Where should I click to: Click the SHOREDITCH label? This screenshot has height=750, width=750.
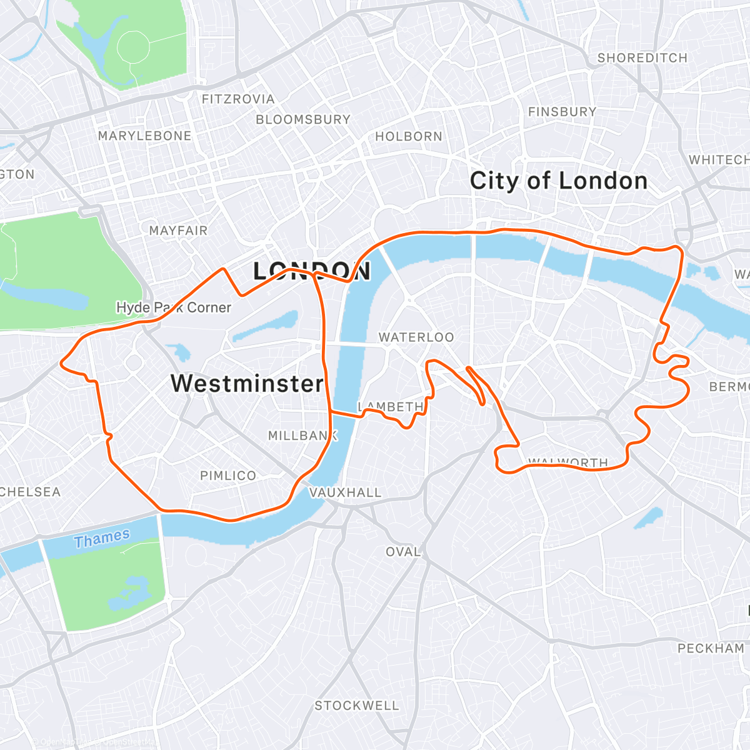tap(642, 58)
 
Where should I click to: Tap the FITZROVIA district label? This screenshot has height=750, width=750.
tap(238, 99)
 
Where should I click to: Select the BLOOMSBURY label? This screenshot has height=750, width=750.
tap(303, 119)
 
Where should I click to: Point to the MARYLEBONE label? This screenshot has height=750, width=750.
tap(144, 136)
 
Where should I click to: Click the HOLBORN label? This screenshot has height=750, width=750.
tap(409, 136)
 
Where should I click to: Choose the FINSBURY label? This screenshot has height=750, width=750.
tap(562, 112)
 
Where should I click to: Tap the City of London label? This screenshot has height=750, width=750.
tap(559, 181)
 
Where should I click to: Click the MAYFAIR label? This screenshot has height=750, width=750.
tap(178, 231)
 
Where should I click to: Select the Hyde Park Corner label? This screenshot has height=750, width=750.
tap(174, 307)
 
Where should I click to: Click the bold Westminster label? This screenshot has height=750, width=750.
tap(247, 383)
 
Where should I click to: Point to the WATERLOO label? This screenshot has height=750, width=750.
tap(416, 337)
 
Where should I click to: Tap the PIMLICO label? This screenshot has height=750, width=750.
tap(228, 476)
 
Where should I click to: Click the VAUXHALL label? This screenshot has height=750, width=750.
tap(345, 492)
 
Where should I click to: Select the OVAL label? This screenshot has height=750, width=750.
tap(403, 552)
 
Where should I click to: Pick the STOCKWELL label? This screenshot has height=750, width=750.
tap(356, 706)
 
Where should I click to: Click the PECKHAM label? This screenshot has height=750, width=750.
tap(711, 649)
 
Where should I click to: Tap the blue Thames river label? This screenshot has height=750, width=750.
tap(102, 538)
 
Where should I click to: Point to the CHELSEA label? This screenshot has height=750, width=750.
tap(30, 492)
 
